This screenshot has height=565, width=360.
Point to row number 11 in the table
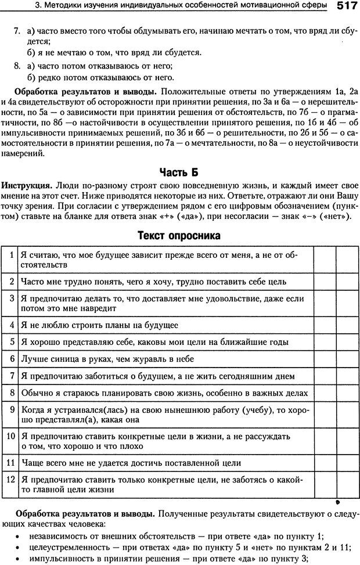click(11, 463)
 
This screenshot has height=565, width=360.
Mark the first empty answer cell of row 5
click(323, 342)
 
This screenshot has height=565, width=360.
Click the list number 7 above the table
click(17, 29)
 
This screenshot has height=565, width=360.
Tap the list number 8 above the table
click(17, 66)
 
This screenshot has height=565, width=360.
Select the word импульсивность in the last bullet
click(60, 559)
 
